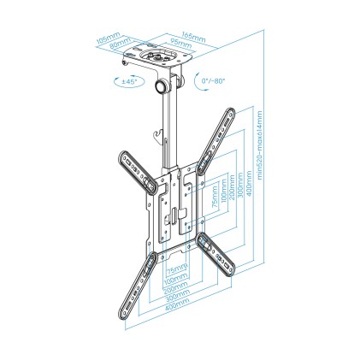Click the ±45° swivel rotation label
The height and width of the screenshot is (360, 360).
pyautogui.click(x=124, y=82)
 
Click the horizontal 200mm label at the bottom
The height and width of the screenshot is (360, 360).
pyautogui.click(x=176, y=284)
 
